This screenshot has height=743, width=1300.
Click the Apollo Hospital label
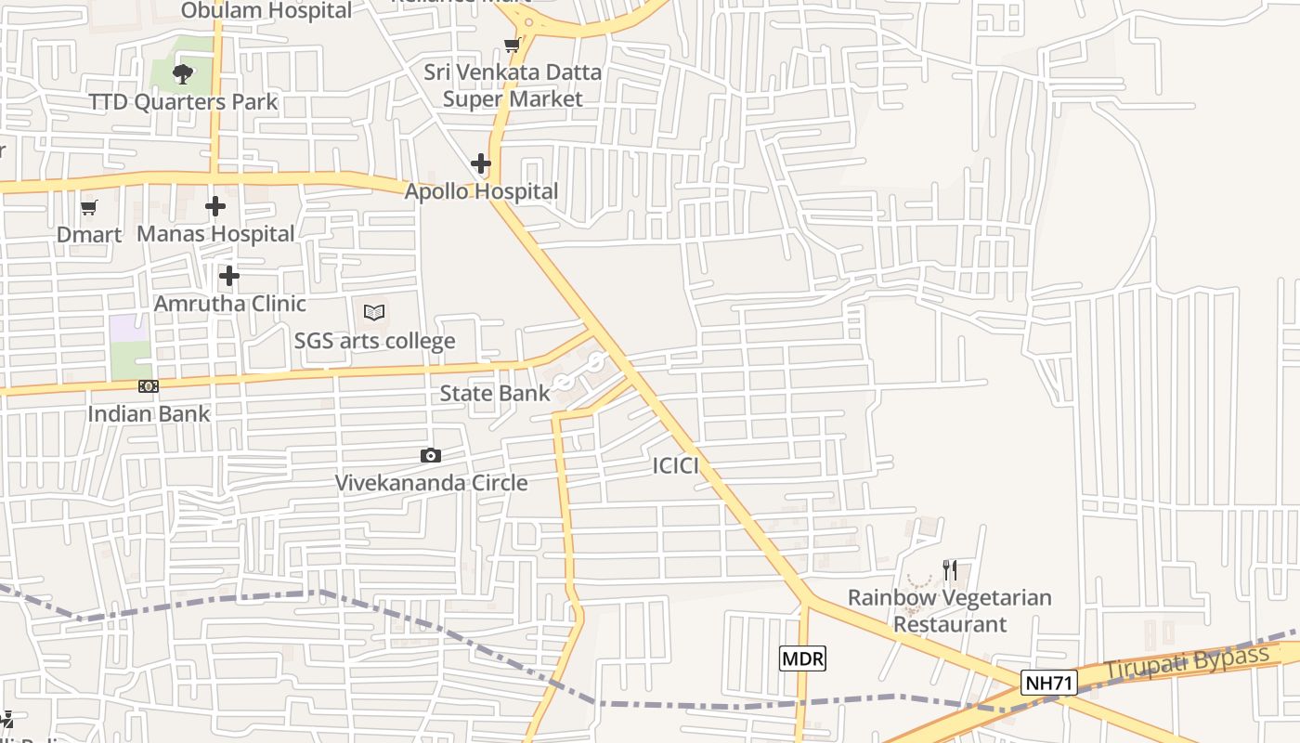click(x=481, y=191)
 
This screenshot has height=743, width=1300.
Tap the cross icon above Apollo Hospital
click(x=481, y=163)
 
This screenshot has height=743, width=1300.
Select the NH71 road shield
click(x=1049, y=684)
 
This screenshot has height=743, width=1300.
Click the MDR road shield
click(x=802, y=658)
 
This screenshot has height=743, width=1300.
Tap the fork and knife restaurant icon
click(x=950, y=569)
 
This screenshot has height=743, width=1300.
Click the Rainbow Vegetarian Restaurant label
click(x=950, y=610)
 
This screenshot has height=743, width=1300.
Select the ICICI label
click(x=675, y=465)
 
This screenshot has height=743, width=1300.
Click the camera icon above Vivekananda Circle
click(x=430, y=455)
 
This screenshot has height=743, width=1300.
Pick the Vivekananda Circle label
click(x=431, y=482)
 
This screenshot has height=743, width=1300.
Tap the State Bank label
click(x=495, y=393)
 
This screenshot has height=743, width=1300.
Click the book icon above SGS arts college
click(x=374, y=313)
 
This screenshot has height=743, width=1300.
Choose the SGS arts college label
click(x=374, y=341)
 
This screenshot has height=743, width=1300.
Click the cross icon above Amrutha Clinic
click(x=229, y=276)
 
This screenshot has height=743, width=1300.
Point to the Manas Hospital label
click(x=215, y=234)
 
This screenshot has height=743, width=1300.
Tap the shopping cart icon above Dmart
click(x=89, y=207)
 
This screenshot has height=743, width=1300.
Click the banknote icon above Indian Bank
click(x=149, y=386)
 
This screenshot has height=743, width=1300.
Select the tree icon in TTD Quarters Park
click(x=183, y=73)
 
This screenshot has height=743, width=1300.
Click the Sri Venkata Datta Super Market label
click(x=513, y=85)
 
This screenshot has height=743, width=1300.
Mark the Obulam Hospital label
click(x=266, y=11)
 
